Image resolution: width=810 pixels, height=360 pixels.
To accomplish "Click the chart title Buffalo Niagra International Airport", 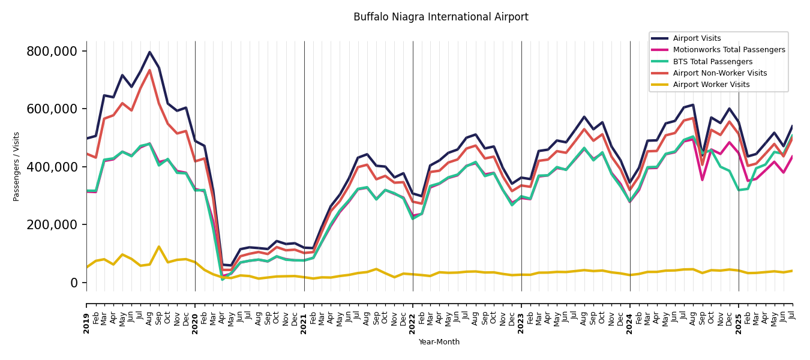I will click(440, 17).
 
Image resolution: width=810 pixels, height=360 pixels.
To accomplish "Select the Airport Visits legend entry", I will click(697, 38).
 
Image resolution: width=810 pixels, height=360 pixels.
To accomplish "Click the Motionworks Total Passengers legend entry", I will click(728, 50).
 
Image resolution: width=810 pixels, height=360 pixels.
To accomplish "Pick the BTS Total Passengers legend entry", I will click(712, 62).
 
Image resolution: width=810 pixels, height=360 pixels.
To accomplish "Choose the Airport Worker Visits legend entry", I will click(711, 85).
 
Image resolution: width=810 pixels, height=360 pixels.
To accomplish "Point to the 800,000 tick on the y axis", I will click(52, 52).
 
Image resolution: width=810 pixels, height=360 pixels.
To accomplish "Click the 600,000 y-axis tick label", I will click(52, 109).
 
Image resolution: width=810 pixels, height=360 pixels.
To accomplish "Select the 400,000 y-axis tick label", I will click(52, 167).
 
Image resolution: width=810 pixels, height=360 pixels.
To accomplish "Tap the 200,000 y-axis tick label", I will click(52, 225).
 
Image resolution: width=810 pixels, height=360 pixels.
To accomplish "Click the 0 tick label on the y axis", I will click(74, 283).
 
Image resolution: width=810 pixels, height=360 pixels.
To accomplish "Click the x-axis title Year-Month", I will click(439, 342).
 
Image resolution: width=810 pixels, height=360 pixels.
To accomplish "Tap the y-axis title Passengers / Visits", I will click(17, 166).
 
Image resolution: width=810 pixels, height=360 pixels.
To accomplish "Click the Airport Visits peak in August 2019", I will click(149, 52).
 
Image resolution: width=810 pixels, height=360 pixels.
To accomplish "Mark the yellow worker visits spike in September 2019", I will click(159, 247).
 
